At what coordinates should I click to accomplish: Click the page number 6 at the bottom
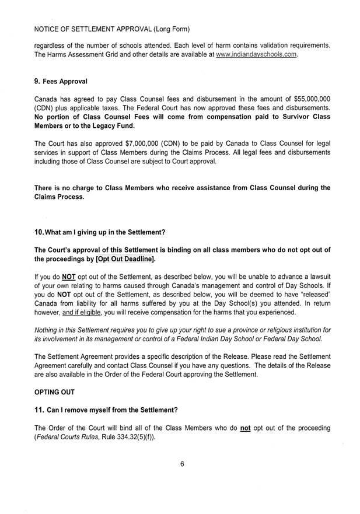(182, 464)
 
